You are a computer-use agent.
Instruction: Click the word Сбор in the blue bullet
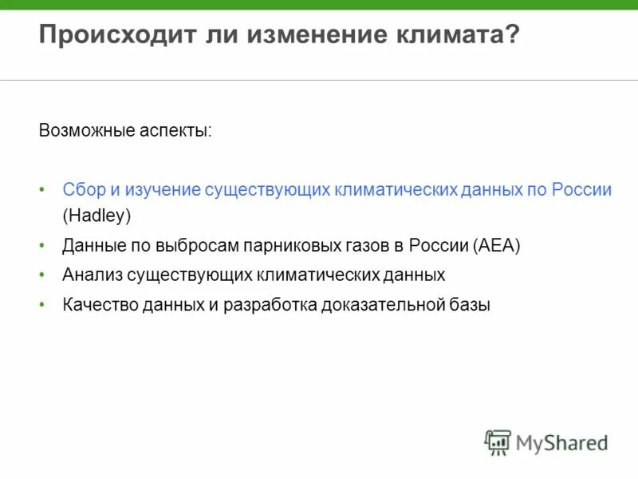(x=81, y=191)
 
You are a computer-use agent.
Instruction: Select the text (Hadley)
(x=96, y=216)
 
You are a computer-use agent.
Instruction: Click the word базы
(x=471, y=305)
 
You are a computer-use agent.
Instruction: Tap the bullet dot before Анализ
(x=42, y=275)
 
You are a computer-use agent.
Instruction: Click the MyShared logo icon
(x=498, y=442)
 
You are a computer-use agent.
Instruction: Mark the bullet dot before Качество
(x=42, y=305)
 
